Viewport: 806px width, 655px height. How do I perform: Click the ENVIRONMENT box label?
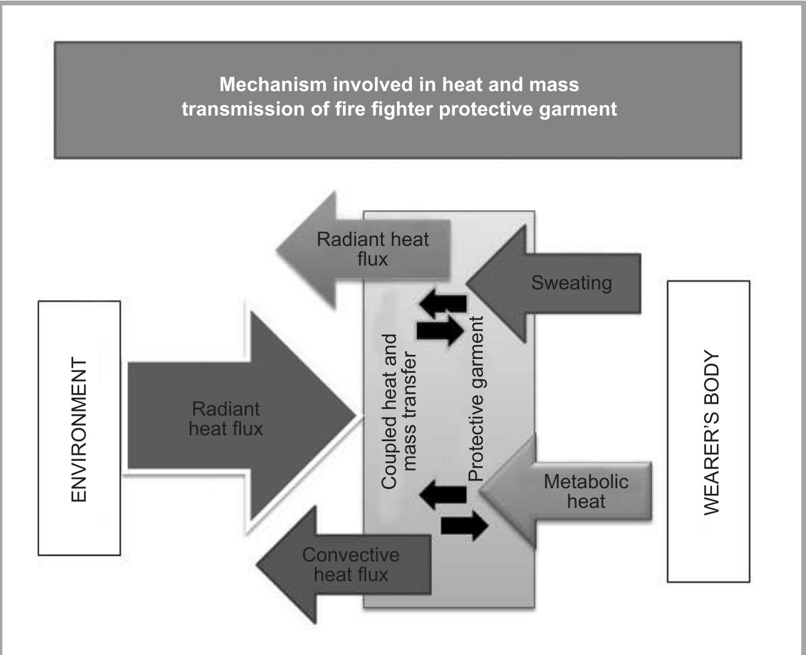[x=79, y=429]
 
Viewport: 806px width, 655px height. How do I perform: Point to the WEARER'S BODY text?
[x=711, y=432]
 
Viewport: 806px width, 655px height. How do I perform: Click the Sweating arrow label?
[x=571, y=282]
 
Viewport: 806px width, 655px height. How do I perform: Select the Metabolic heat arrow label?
[x=586, y=491]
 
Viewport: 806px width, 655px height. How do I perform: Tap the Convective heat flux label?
[x=351, y=564]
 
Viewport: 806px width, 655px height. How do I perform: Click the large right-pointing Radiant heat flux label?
[x=226, y=419]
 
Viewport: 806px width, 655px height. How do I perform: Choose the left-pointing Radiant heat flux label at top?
[x=373, y=249]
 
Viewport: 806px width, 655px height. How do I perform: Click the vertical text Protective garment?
[x=476, y=398]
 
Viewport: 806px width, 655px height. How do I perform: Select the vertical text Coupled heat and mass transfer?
[x=398, y=411]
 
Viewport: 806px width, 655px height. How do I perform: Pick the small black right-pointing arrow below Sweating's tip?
[x=441, y=330]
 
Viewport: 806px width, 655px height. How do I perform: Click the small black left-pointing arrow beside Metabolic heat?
[x=443, y=494]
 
